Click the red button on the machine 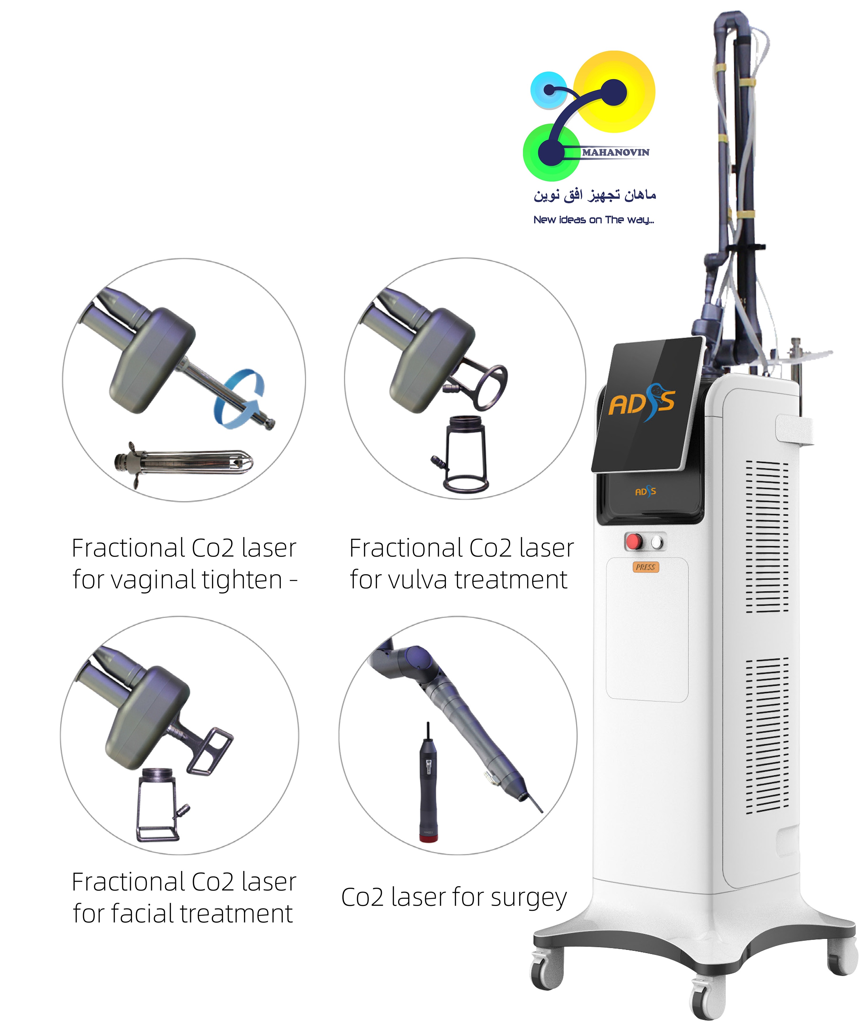633,541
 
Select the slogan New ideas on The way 594,220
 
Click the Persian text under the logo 595,195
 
